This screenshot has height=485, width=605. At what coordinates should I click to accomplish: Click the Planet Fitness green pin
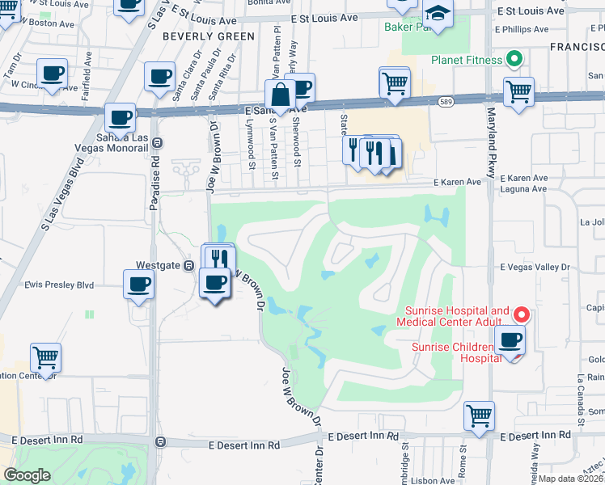click(x=512, y=59)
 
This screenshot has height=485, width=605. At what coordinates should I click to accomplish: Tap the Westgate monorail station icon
click(x=188, y=264)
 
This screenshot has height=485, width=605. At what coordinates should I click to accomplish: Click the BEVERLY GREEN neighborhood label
click(x=208, y=36)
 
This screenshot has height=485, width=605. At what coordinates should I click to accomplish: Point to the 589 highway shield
click(x=446, y=102)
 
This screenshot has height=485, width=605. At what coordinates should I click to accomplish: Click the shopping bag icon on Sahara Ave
click(x=280, y=95)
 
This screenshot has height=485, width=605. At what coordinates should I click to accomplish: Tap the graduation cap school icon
click(x=438, y=14)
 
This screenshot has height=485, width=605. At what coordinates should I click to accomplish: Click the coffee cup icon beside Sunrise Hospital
click(x=510, y=339)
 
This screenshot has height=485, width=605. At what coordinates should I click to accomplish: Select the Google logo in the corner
click(x=27, y=475)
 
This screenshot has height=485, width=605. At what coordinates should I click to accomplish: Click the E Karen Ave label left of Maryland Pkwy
click(x=456, y=183)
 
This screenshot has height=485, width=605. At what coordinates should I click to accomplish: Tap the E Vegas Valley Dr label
click(x=535, y=267)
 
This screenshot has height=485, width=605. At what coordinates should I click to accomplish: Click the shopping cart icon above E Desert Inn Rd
click(x=480, y=415)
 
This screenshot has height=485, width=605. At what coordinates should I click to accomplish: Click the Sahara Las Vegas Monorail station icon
click(x=157, y=141)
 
